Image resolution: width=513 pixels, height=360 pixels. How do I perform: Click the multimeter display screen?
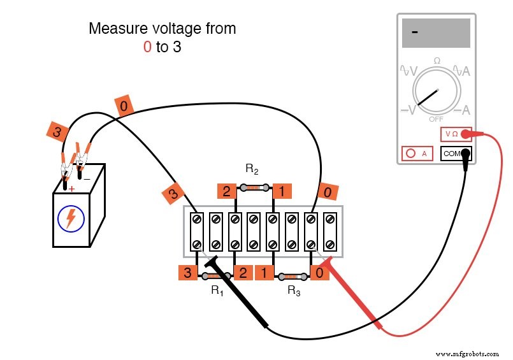pyautogui.click(x=436, y=33)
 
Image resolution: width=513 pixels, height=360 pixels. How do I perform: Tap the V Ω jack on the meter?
pyautogui.click(x=456, y=134)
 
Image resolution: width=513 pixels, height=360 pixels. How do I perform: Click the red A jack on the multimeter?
pyautogui.click(x=417, y=154)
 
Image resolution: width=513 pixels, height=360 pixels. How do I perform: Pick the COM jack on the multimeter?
pyautogui.click(x=456, y=154)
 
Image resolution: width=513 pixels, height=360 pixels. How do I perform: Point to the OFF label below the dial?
pyautogui.click(x=437, y=119)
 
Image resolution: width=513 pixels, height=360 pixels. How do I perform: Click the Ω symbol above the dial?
pyautogui.click(x=437, y=61)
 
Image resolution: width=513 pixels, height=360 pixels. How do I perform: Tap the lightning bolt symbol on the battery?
pyautogui.click(x=71, y=219)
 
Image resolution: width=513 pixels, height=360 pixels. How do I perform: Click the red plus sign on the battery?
pyautogui.click(x=71, y=189)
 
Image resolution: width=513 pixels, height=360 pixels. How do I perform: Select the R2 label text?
pyautogui.click(x=252, y=169)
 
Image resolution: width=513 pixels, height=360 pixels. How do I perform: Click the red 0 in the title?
pyautogui.click(x=147, y=47)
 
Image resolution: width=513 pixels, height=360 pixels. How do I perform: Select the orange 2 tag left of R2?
pyautogui.click(x=226, y=191)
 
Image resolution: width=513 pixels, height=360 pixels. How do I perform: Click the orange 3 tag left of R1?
pyautogui.click(x=187, y=273)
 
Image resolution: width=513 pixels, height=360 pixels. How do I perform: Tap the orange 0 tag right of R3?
pyautogui.click(x=320, y=273)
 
